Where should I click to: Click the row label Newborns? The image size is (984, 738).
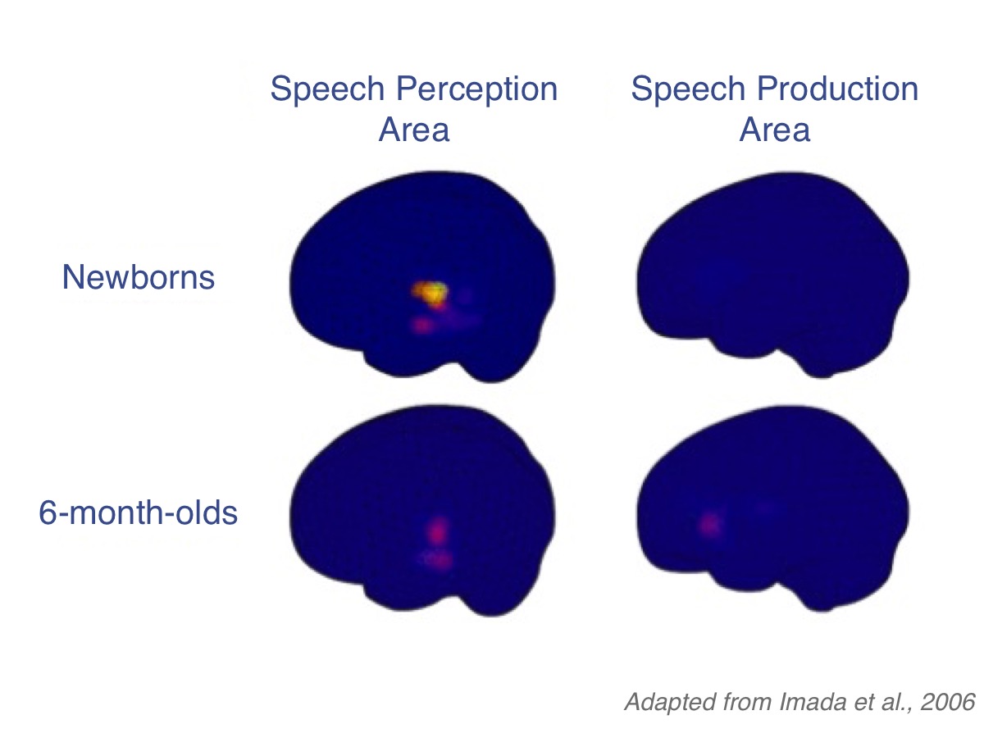point(139,278)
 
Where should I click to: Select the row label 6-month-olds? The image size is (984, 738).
point(139,514)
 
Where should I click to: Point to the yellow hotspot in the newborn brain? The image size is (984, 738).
point(427,291)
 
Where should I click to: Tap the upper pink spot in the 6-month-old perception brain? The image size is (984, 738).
point(440,530)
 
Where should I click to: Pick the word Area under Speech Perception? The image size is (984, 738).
point(414,130)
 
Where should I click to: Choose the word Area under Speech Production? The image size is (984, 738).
point(775,130)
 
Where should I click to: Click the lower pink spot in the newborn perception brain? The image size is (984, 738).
point(423,326)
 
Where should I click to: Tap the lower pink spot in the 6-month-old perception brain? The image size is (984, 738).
point(440,561)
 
